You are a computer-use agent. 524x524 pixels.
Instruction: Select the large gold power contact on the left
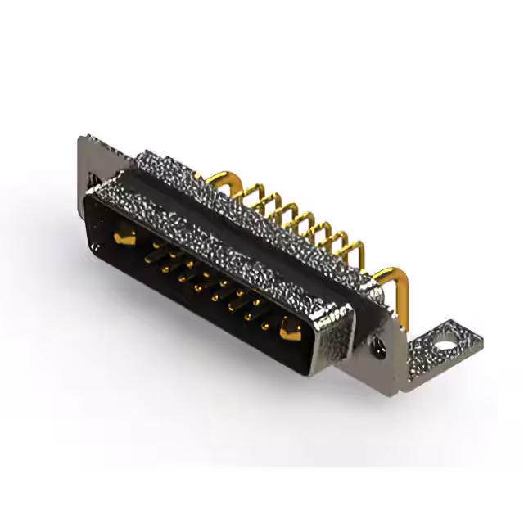coord(124,237)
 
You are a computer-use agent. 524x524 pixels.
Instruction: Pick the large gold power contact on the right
coord(289,330)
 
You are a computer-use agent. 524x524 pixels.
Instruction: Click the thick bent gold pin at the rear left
coord(215,178)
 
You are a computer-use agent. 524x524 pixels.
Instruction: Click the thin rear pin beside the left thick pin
coord(246,195)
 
